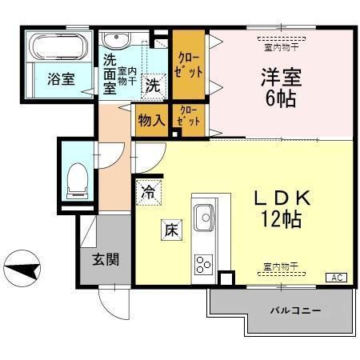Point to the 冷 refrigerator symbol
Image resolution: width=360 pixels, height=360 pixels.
click(x=149, y=192)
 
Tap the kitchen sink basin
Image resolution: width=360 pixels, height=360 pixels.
click(x=204, y=216)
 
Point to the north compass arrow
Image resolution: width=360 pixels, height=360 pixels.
click(x=22, y=268)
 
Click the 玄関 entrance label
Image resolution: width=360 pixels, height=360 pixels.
click(x=105, y=260)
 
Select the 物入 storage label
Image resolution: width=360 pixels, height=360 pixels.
click(x=151, y=121)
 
